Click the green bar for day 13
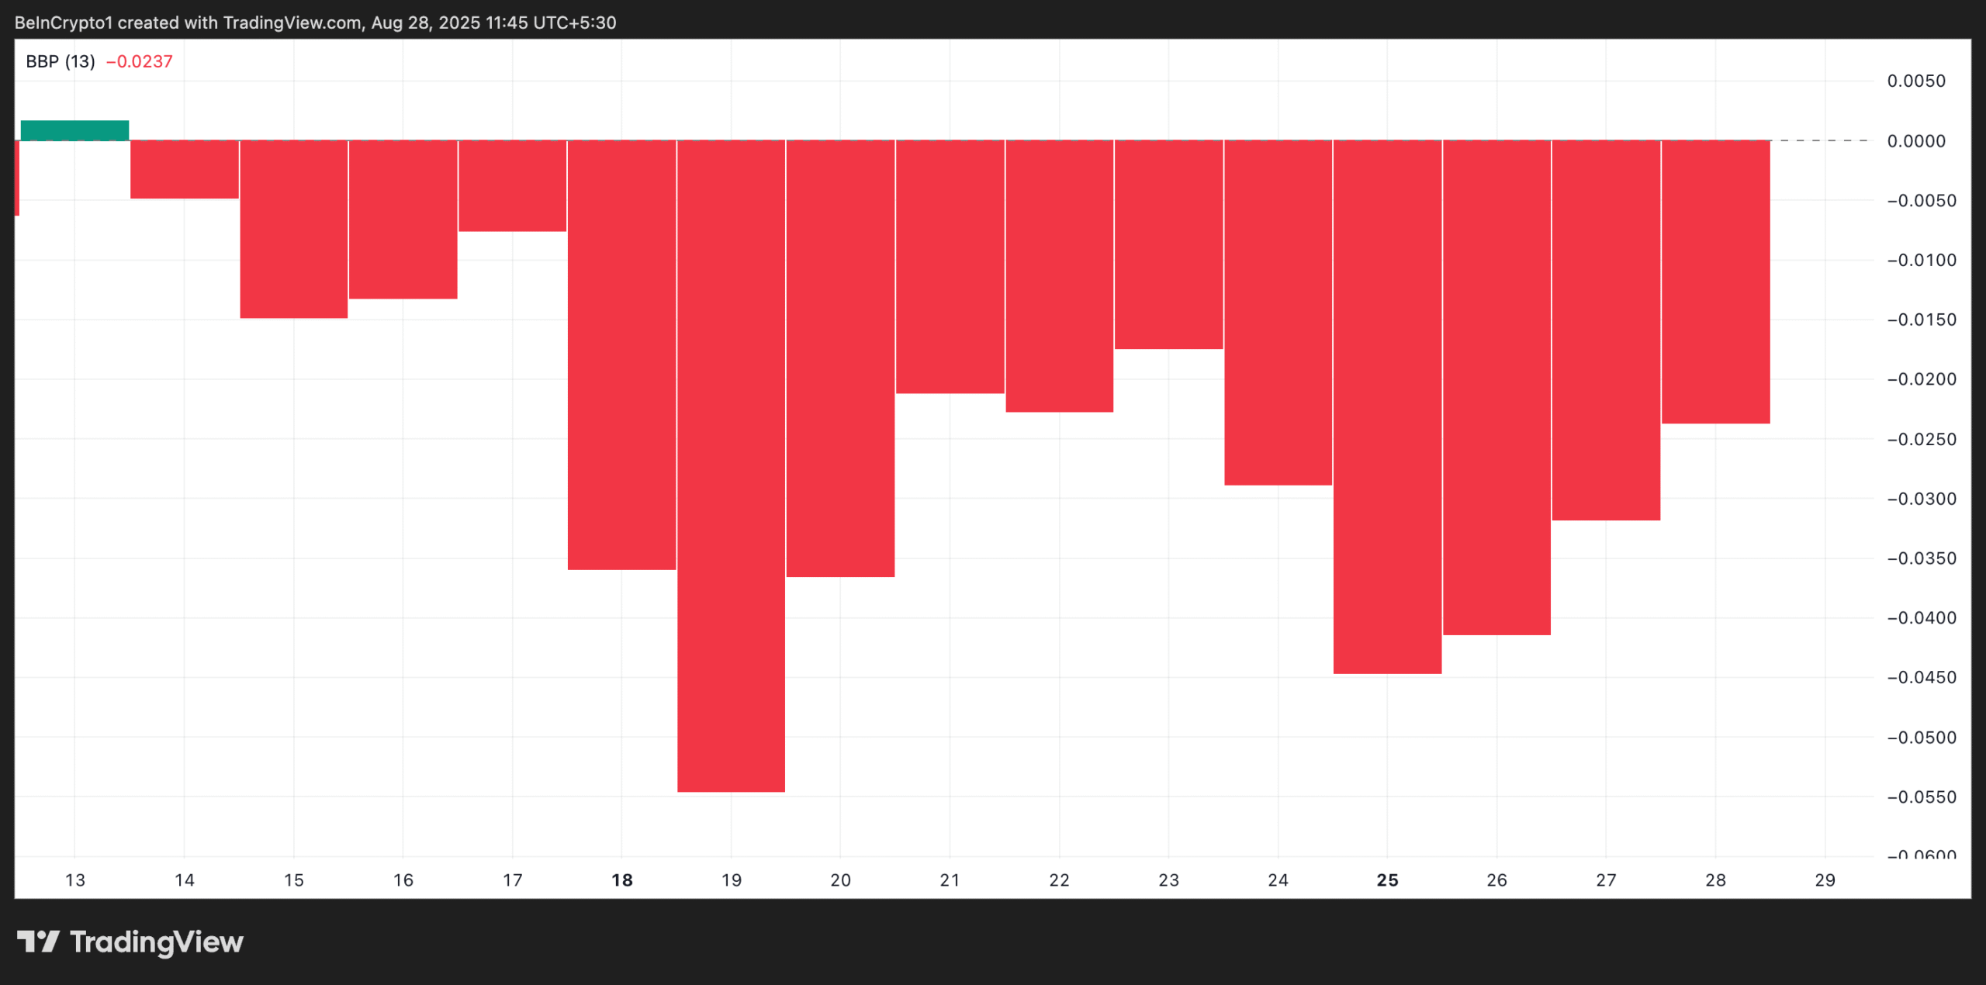(x=74, y=130)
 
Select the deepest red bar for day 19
(x=731, y=465)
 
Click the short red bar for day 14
(x=185, y=169)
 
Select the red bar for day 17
(x=512, y=185)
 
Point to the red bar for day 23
(x=1168, y=244)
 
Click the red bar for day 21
(x=950, y=266)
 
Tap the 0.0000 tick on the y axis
(x=1916, y=141)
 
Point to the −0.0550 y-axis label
(x=1922, y=797)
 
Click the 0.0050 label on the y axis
(x=1916, y=81)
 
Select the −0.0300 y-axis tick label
(x=1922, y=499)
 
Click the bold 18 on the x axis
(x=622, y=880)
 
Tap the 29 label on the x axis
(x=1825, y=880)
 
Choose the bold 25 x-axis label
(x=1387, y=880)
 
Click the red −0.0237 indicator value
(x=139, y=62)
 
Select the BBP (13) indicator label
(x=61, y=62)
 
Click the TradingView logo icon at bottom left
(x=38, y=942)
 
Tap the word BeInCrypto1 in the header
(x=64, y=22)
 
